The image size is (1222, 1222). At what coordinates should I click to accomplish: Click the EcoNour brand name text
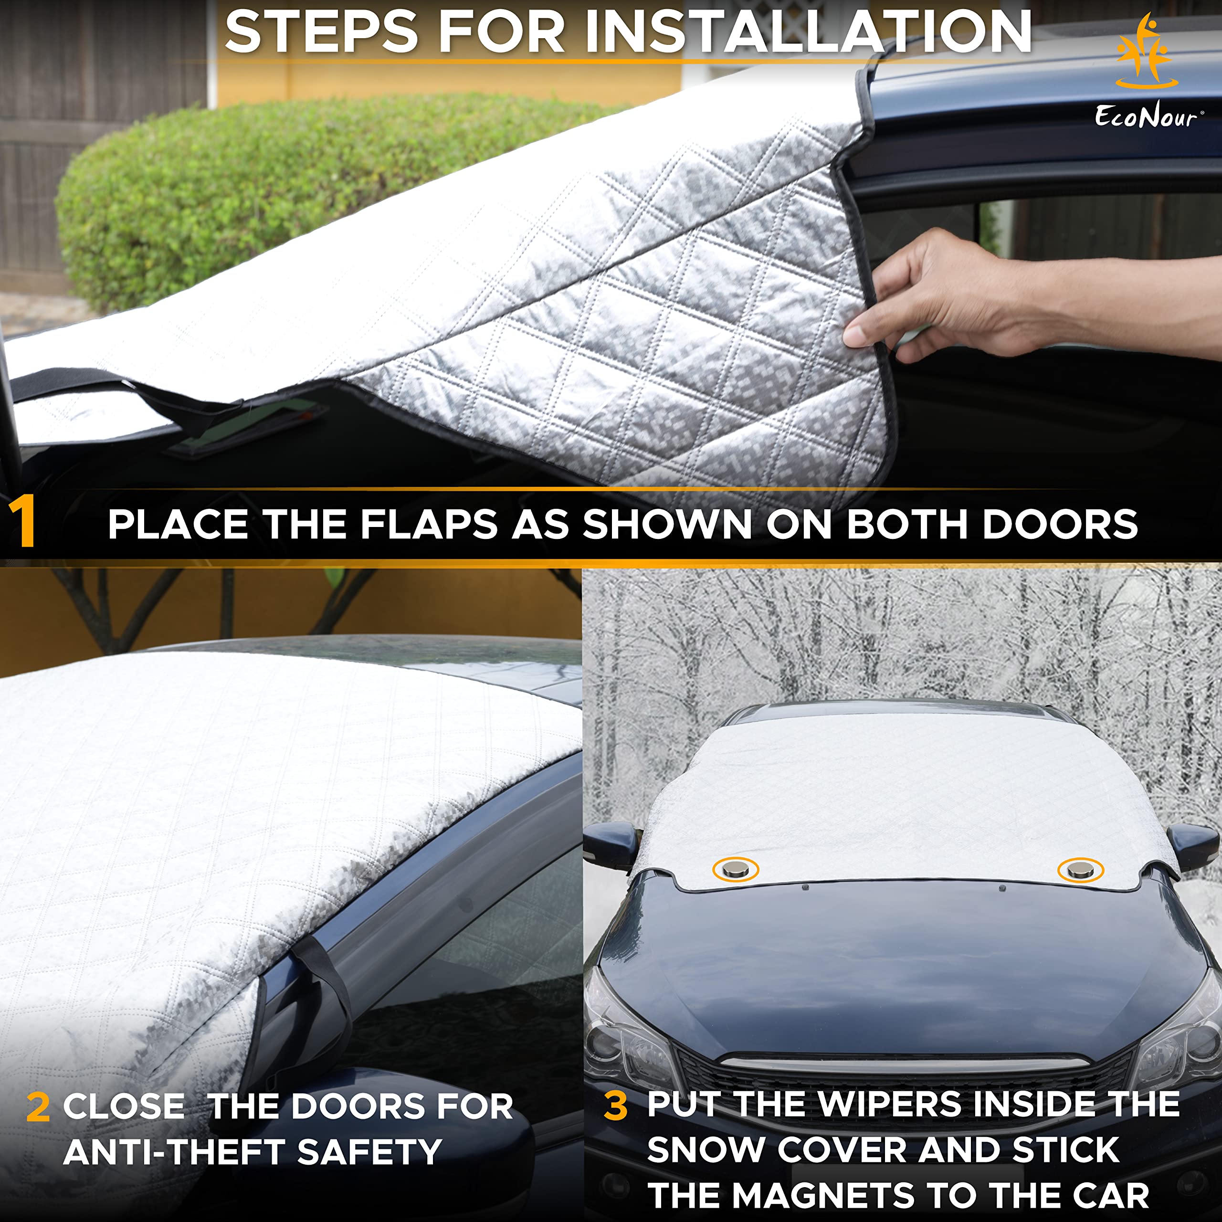(1146, 117)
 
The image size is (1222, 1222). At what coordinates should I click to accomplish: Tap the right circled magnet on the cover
(1080, 870)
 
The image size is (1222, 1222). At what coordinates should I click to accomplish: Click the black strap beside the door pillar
(323, 1000)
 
